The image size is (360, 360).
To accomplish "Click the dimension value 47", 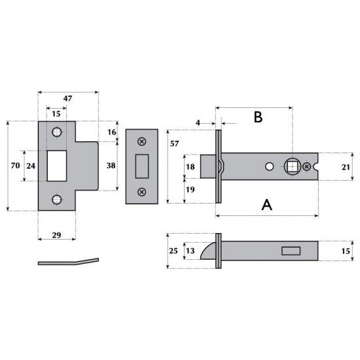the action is (x=67, y=98).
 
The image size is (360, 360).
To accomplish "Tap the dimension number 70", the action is (x=15, y=166).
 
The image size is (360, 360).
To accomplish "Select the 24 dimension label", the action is (x=31, y=166).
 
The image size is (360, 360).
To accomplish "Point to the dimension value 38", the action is (x=111, y=166).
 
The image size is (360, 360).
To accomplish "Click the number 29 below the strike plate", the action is (x=56, y=235).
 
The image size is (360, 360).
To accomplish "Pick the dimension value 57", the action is (x=175, y=144).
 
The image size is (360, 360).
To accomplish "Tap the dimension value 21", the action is (x=346, y=168).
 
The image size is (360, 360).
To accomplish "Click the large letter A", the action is (x=267, y=205).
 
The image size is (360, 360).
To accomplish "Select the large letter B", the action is (x=258, y=117).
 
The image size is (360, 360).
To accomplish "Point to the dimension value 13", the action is (x=190, y=251).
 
